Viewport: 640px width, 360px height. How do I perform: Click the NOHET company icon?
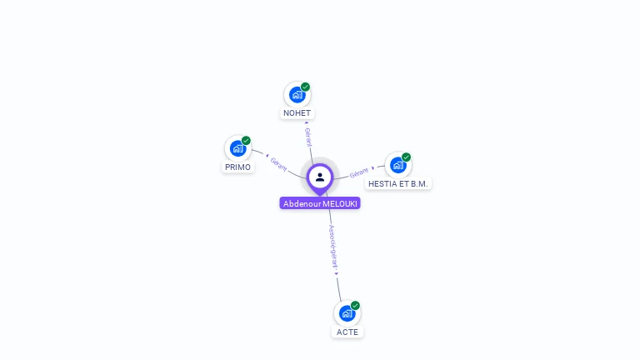click(297, 95)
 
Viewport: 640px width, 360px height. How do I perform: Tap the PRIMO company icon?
click(238, 148)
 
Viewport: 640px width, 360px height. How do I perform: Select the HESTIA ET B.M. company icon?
click(398, 165)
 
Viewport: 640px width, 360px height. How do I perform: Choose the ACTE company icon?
click(347, 313)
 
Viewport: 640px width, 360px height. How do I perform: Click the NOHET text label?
click(297, 113)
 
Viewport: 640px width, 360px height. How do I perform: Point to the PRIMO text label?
click(238, 167)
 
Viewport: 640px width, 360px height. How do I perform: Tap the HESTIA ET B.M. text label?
click(398, 184)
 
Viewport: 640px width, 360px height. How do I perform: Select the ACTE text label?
click(347, 332)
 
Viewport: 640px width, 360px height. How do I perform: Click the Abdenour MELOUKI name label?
click(320, 203)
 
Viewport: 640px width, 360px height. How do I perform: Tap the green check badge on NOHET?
click(305, 87)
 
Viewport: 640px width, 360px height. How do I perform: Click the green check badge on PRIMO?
click(246, 141)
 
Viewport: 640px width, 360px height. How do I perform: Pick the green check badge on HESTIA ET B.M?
click(406, 157)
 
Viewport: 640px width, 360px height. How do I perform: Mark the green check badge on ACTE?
click(355, 306)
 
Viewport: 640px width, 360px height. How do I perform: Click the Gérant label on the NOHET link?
click(308, 137)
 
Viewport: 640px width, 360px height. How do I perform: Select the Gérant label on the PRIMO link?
click(278, 164)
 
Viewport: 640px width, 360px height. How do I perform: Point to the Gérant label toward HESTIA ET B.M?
click(359, 173)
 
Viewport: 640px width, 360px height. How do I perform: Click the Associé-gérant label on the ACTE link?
click(333, 247)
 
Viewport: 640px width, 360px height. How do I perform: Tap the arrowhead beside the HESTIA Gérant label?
click(372, 168)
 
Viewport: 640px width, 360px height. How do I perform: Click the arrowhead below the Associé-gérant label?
click(337, 274)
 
